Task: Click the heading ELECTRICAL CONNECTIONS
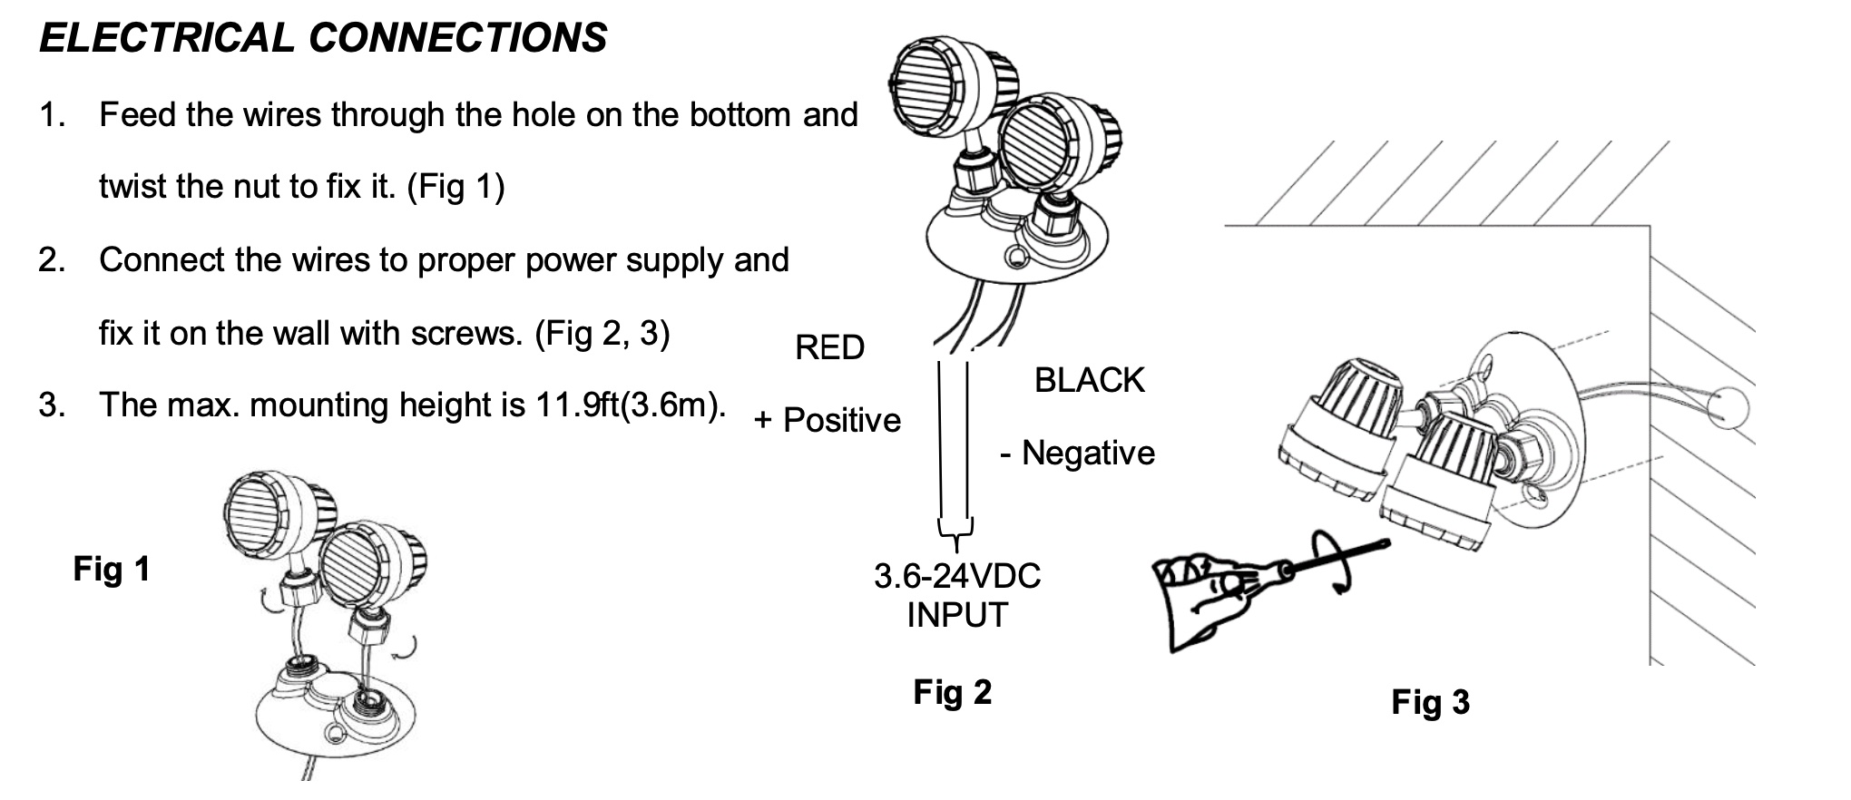click(323, 38)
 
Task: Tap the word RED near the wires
click(829, 347)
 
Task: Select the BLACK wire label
click(1089, 380)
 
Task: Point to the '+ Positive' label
click(828, 420)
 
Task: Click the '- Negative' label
click(1077, 453)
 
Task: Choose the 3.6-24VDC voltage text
click(957, 576)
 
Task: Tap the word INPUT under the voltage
click(957, 615)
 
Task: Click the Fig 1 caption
click(112, 569)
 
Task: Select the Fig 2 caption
click(952, 692)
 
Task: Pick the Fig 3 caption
click(1430, 702)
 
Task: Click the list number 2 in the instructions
click(52, 260)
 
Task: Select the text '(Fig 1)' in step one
click(455, 187)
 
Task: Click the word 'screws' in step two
click(466, 334)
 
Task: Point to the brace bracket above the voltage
click(955, 531)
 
